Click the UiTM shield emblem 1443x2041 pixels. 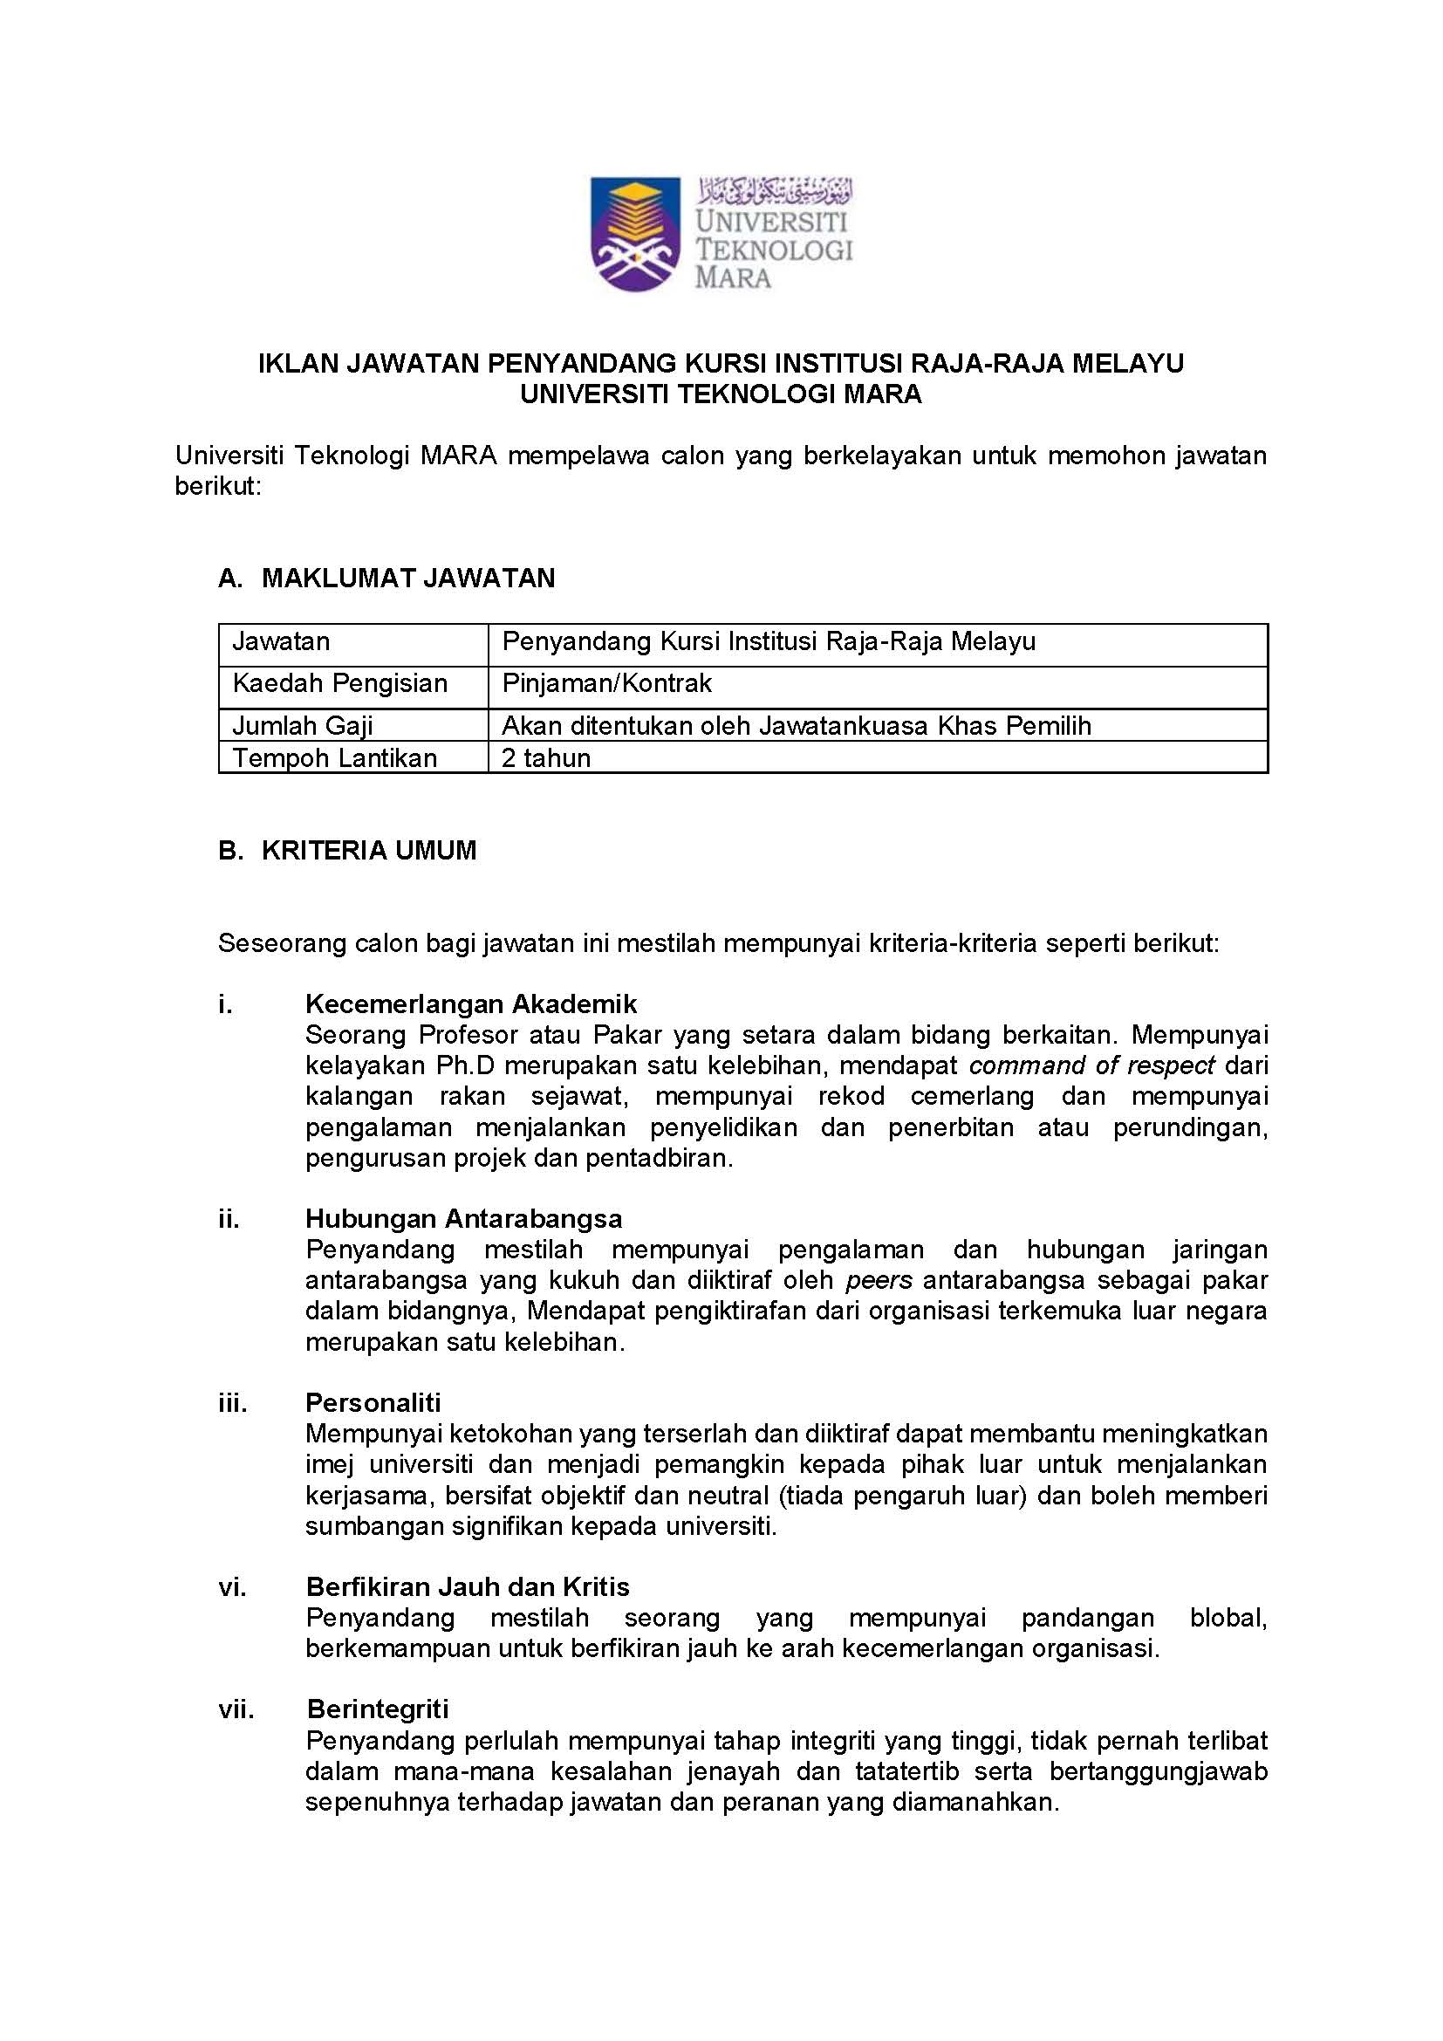pyautogui.click(x=635, y=233)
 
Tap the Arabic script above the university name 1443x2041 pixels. pyautogui.click(x=774, y=189)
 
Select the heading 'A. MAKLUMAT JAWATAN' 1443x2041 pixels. pyautogui.click(x=386, y=579)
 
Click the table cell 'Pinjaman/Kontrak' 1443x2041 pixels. pyautogui.click(x=607, y=683)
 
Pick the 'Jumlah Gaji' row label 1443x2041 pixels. pyautogui.click(x=302, y=726)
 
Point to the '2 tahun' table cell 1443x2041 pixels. pyautogui.click(x=546, y=758)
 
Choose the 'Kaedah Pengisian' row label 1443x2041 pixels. pyautogui.click(x=339, y=683)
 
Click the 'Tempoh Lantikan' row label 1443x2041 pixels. pyautogui.click(x=334, y=758)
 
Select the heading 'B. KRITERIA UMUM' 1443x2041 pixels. pyautogui.click(x=347, y=851)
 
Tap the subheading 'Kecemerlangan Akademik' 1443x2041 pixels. pyautogui.click(x=471, y=1004)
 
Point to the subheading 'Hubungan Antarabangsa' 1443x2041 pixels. pyautogui.click(x=464, y=1219)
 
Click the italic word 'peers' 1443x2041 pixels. pyautogui.click(x=879, y=1280)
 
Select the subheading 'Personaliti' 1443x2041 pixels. pyautogui.click(x=373, y=1403)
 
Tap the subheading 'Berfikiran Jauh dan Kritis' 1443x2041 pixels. pyautogui.click(x=468, y=1586)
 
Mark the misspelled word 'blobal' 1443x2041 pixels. pyautogui.click(x=1228, y=1618)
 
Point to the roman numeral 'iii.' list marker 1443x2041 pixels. pyautogui.click(x=233, y=1403)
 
